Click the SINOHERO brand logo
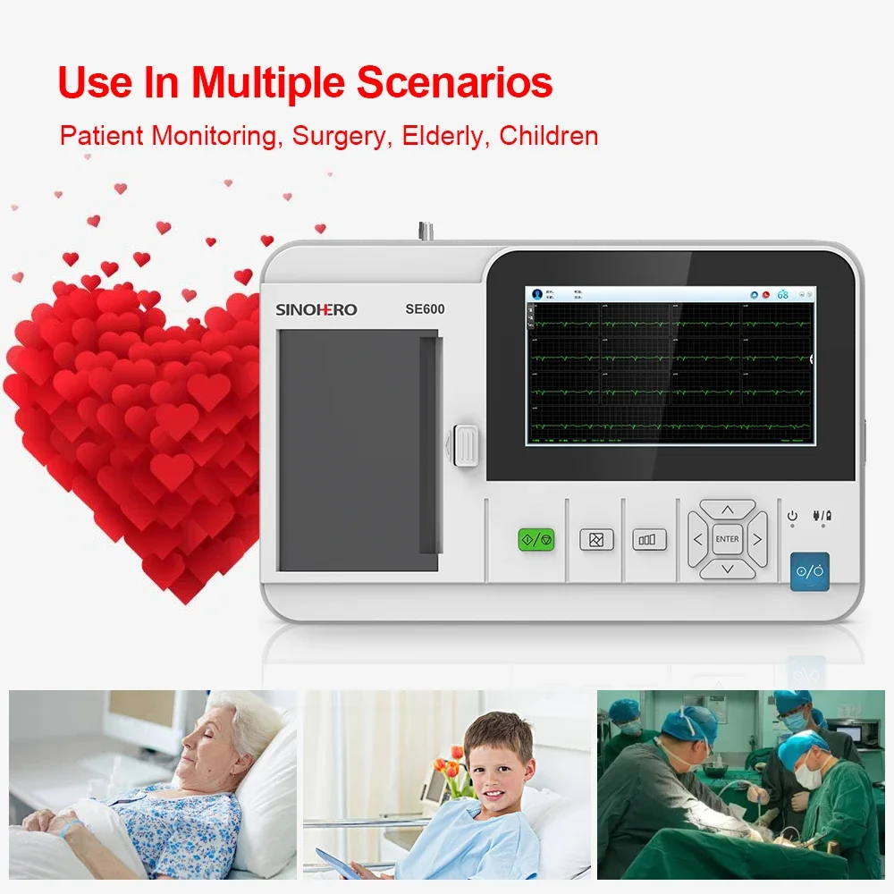(316, 309)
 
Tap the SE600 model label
(425, 309)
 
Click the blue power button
(809, 571)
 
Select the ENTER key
(727, 539)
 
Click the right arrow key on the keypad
(757, 539)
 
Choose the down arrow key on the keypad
(727, 569)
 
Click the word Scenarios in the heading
(455, 82)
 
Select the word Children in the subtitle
(548, 136)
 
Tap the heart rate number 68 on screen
(782, 294)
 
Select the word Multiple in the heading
(269, 82)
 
